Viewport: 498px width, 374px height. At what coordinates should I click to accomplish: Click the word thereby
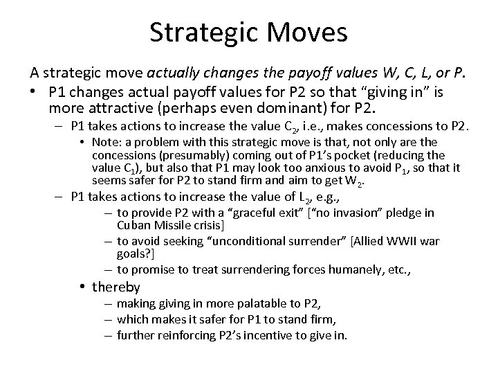tap(116, 287)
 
